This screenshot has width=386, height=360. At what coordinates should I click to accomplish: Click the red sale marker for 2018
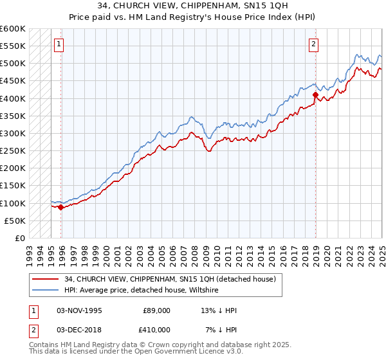point(316,95)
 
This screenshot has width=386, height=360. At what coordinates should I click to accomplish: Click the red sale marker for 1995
point(61,207)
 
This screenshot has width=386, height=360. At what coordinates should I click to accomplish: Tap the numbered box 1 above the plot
point(59,44)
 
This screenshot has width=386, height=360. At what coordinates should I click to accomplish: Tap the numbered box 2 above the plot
point(313,44)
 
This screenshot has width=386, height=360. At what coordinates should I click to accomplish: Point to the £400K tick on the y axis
point(13,98)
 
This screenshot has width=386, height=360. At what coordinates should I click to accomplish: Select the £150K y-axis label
point(13,186)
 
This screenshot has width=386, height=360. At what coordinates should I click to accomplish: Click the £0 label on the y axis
point(19,238)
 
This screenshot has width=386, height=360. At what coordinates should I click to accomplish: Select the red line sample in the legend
point(46,279)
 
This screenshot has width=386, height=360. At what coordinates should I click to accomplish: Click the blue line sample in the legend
point(46,291)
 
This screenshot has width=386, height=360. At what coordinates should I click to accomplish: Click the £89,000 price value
point(156,310)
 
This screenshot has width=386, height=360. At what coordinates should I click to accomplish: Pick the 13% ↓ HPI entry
point(219,310)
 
